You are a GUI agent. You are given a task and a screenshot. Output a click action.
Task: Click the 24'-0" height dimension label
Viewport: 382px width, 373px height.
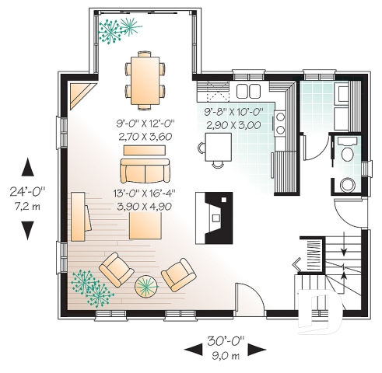pyautogui.click(x=29, y=189)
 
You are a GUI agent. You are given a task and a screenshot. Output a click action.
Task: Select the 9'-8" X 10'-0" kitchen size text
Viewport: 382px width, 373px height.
pyautogui.click(x=233, y=113)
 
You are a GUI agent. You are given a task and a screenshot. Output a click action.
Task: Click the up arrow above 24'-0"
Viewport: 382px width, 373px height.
pyautogui.click(x=29, y=167)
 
